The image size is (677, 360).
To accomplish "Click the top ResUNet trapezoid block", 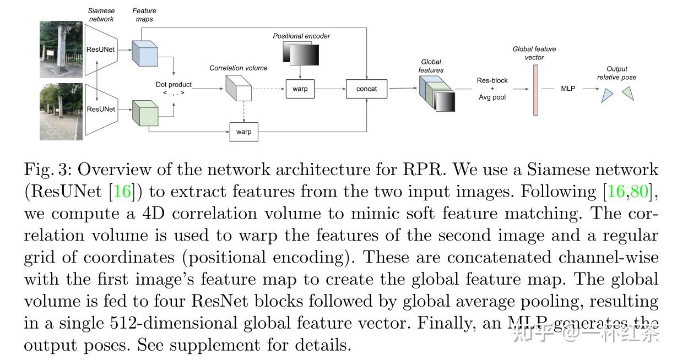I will click(100, 49).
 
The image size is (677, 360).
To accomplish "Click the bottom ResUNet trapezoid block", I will click(100, 109).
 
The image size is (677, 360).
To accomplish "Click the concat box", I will click(366, 89).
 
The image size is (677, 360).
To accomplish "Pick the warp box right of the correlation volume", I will click(300, 89).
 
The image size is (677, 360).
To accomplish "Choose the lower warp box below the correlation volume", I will click(243, 132).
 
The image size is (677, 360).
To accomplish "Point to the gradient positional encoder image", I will click(300, 54).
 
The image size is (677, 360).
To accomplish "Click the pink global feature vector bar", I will click(535, 90).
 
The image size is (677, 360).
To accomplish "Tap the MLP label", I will click(568, 89).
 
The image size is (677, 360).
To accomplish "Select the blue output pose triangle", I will click(607, 96).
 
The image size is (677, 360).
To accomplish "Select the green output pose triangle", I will click(629, 94).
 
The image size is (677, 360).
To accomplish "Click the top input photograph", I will click(61, 49).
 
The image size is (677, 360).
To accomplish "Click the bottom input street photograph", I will click(61, 112).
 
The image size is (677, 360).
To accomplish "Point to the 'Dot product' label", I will click(174, 85).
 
